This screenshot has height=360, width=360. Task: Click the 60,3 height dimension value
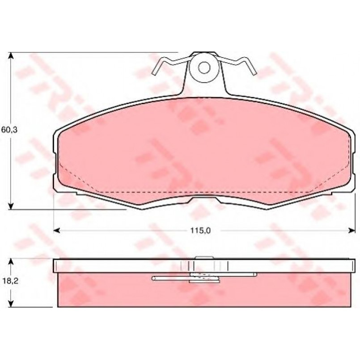(x=9, y=130)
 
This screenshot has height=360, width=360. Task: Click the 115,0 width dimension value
(x=200, y=230)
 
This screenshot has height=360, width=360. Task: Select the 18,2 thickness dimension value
(x=11, y=281)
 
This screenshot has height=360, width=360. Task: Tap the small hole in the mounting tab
(x=204, y=68)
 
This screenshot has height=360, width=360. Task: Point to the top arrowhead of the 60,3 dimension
(x=11, y=55)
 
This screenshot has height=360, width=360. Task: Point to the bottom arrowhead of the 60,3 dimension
(x=11, y=206)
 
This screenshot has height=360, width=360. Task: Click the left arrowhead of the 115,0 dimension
(x=56, y=230)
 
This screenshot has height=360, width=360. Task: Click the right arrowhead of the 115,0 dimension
(x=352, y=230)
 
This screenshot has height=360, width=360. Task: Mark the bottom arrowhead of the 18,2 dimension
(x=11, y=304)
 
